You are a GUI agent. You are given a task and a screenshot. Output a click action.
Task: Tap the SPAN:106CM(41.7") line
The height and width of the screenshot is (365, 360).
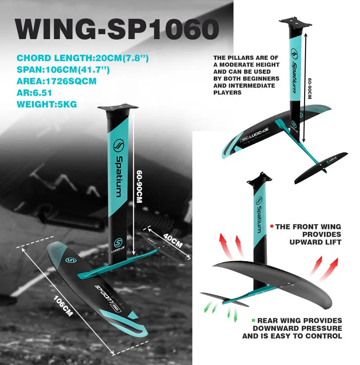click(x=63, y=70)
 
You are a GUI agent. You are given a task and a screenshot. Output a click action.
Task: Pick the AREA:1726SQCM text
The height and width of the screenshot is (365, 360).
click(x=57, y=82)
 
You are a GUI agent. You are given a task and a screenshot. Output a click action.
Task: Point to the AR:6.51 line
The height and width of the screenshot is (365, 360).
click(x=35, y=93)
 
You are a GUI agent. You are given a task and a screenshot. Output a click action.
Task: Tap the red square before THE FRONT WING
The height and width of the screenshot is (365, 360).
click(x=272, y=227)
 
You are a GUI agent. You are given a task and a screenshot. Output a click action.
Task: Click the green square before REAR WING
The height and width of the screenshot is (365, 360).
click(x=254, y=320)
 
